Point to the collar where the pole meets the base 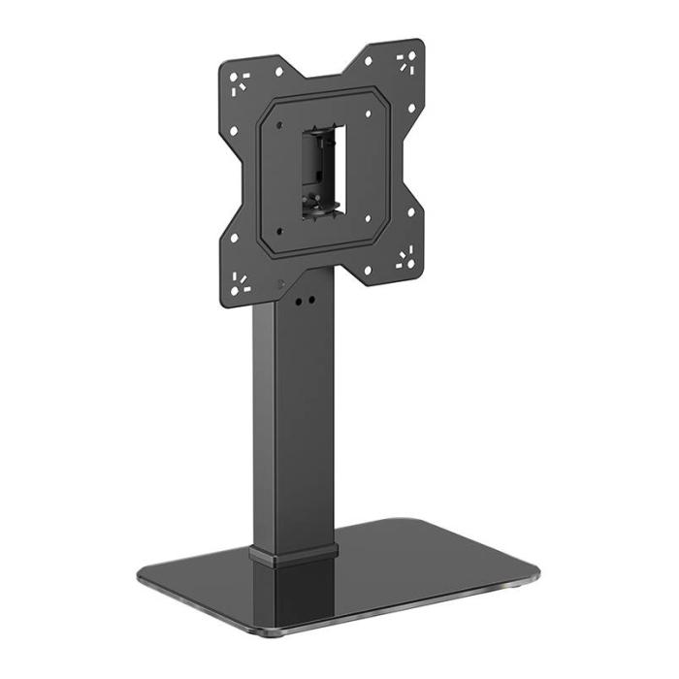click(294, 554)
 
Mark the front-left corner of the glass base click(144, 580)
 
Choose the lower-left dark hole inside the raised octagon click(279, 231)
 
